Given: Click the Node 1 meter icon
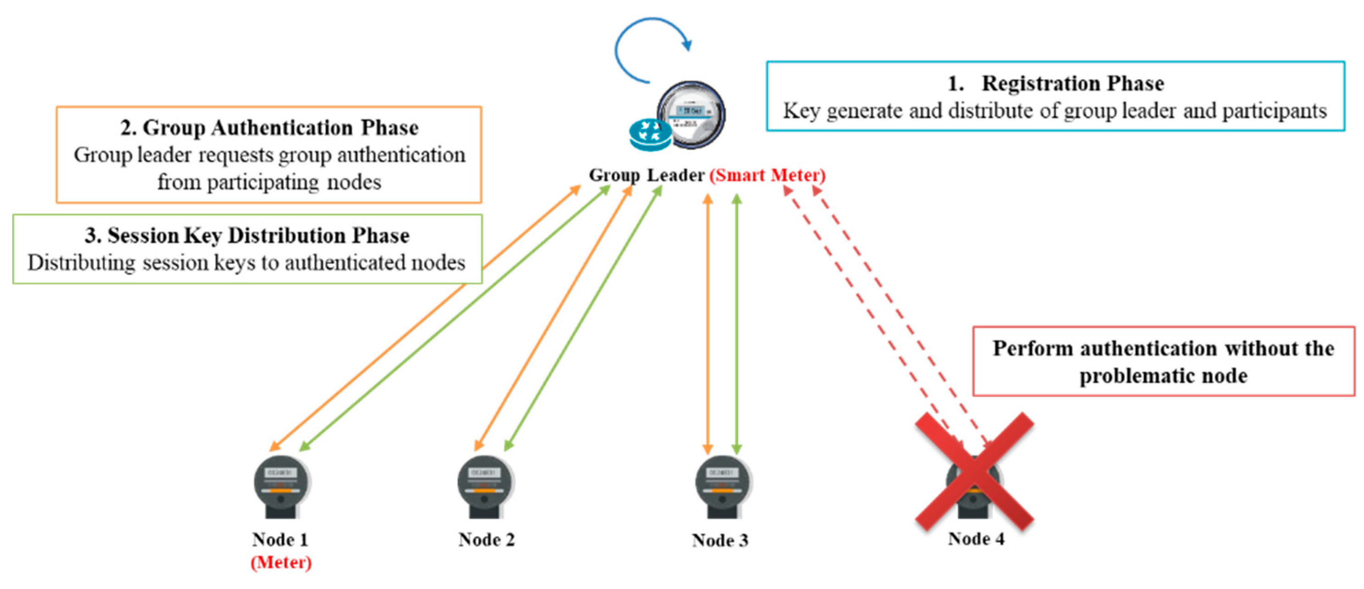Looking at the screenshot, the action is coord(282,487).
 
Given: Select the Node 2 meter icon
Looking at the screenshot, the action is coord(486,487).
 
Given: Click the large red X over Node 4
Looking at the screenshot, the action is coord(974,472).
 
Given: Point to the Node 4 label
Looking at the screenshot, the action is coord(976,539).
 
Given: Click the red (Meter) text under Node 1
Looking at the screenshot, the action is coord(281,562).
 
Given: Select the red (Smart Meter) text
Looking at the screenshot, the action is coord(767,175).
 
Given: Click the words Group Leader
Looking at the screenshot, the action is coord(646,175).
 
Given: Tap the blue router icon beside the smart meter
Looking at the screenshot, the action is coord(650,134).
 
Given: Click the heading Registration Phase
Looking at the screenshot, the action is coord(1073,83).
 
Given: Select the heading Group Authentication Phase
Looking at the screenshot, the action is coord(281,128).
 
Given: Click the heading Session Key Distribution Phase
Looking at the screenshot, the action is coord(259,236).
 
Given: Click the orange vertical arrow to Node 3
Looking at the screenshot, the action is coord(707,324).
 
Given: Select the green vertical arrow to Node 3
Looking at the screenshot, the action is coord(736,324).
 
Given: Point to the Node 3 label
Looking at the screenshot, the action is coord(720,540).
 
